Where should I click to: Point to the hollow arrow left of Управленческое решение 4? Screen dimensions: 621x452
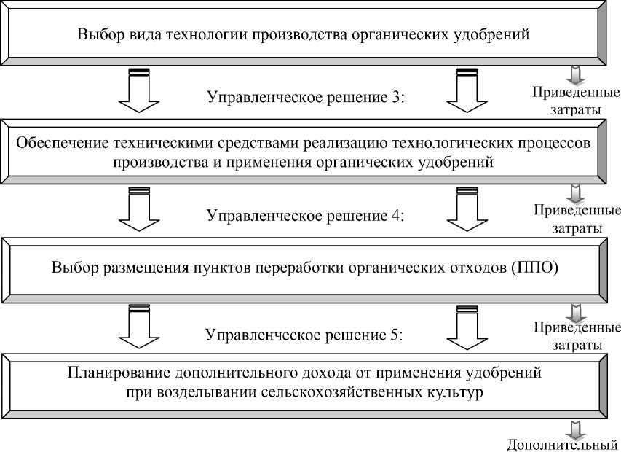(x=138, y=211)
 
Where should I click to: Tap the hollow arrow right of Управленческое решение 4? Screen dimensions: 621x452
(x=466, y=211)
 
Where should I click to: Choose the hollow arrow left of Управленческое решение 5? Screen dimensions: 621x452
(x=138, y=330)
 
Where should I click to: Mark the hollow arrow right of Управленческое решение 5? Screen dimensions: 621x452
(x=466, y=330)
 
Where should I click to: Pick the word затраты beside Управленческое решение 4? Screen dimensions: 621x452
(x=576, y=228)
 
